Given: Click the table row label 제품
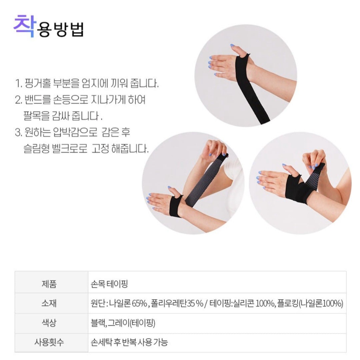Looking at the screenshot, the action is point(49,284).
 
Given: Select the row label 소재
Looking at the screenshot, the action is point(49,303).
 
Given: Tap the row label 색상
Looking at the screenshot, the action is point(49,323).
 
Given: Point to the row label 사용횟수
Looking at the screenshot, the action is point(49,342).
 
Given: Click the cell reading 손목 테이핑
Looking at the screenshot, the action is point(109,284).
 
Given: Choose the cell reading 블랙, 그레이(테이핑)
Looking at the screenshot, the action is point(123,323).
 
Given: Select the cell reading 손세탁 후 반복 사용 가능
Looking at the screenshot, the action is point(129,342).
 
